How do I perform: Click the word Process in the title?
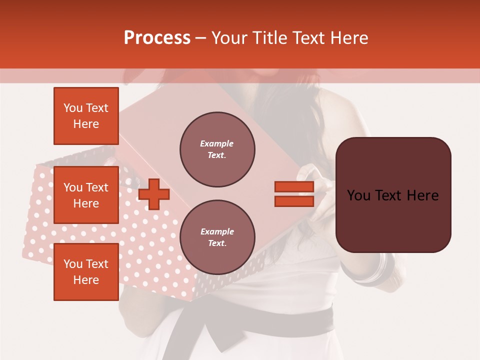point(157,38)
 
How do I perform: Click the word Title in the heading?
point(270,38)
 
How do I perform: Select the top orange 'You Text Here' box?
point(86,116)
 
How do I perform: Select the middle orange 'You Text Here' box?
point(86,195)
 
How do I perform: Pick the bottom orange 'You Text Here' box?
point(86,272)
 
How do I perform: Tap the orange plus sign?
point(154,194)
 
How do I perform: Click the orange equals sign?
point(294,194)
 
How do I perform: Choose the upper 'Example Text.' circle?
point(217,149)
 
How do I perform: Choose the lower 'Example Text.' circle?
point(217,237)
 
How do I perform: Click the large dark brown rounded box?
point(393,195)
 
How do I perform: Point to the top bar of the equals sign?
point(294,186)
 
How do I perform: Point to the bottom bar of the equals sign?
point(294,201)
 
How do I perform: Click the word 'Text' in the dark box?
point(391,195)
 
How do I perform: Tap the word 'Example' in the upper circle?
point(217,144)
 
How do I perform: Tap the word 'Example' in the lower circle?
point(217,232)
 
